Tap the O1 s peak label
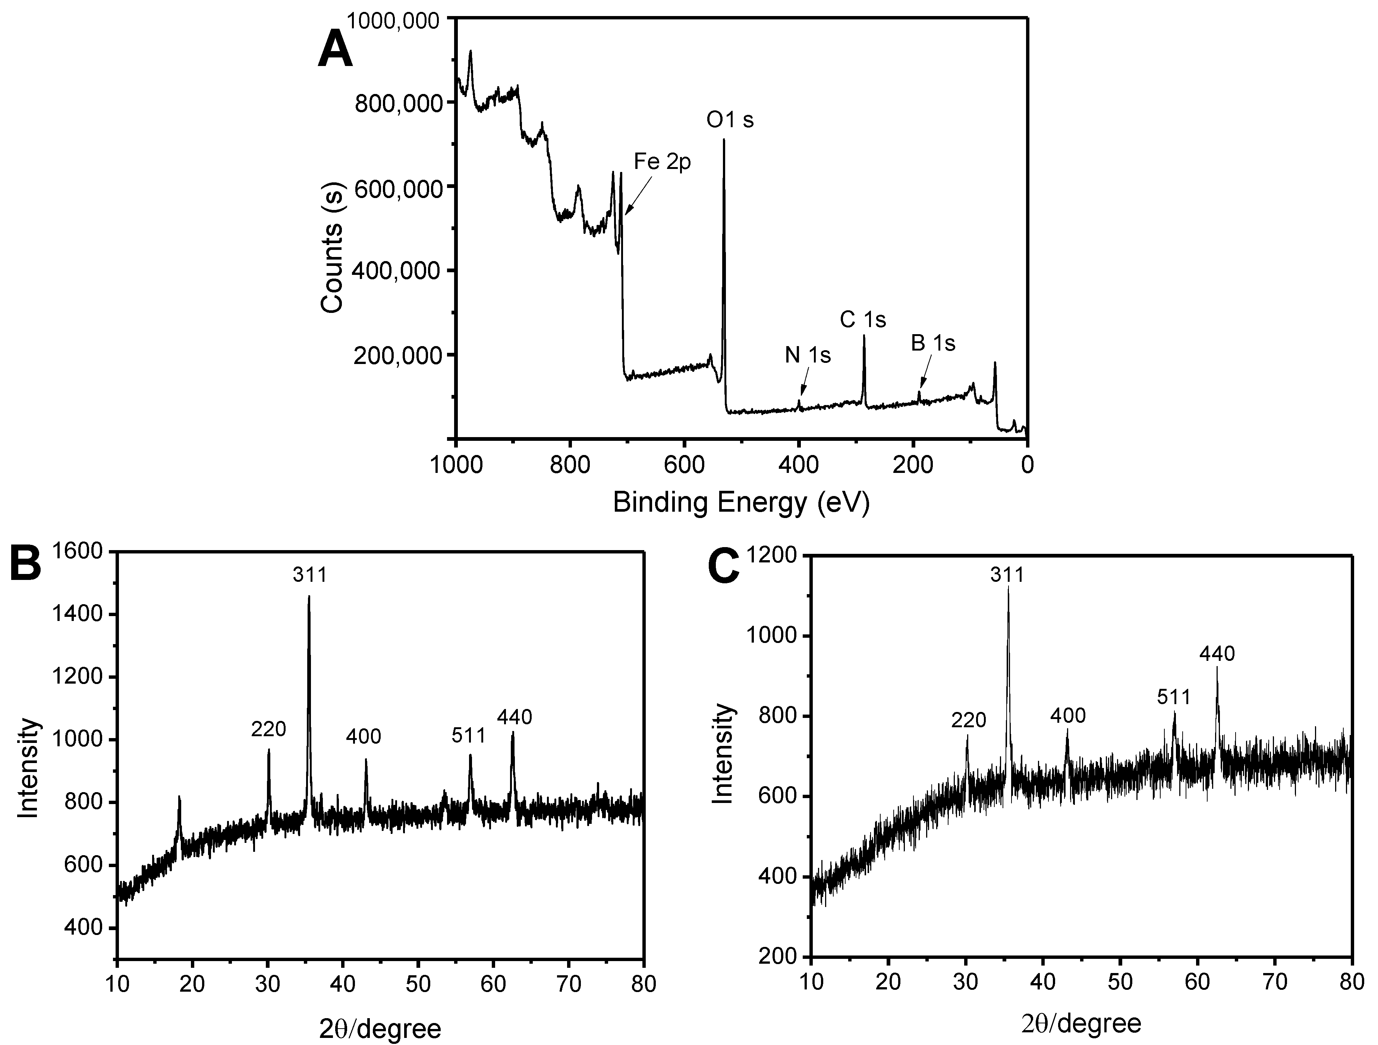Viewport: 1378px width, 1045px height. coord(730,120)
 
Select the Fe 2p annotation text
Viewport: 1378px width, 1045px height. coord(662,162)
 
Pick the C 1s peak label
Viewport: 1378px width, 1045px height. coord(863,320)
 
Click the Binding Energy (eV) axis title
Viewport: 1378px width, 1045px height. coord(741,503)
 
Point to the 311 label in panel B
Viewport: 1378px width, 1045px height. coord(309,575)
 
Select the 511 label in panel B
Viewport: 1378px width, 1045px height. coord(469,736)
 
